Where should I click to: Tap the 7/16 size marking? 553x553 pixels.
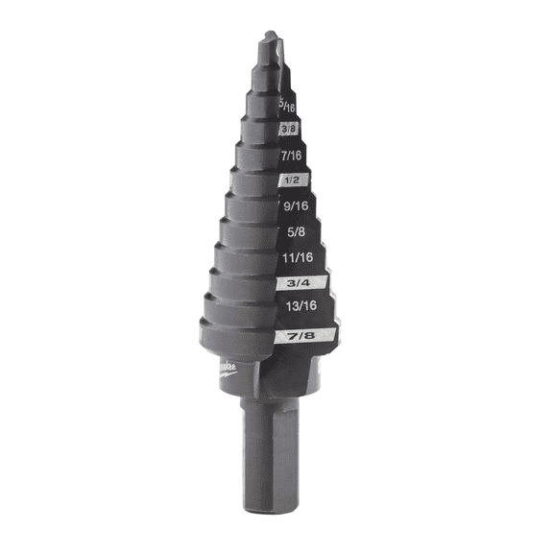(x=291, y=154)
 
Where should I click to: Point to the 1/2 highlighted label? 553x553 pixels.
(x=293, y=180)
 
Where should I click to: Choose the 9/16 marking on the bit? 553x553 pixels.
(x=296, y=204)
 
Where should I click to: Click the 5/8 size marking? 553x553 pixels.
(x=298, y=230)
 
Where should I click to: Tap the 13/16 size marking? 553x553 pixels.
(x=302, y=306)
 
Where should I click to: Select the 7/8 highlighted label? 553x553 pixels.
(x=304, y=335)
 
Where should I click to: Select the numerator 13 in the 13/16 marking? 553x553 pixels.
(x=294, y=306)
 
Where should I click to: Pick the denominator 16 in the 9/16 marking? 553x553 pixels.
(x=303, y=204)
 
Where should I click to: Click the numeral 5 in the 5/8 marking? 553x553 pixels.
(x=291, y=230)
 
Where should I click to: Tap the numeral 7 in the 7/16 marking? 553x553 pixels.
(x=284, y=154)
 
